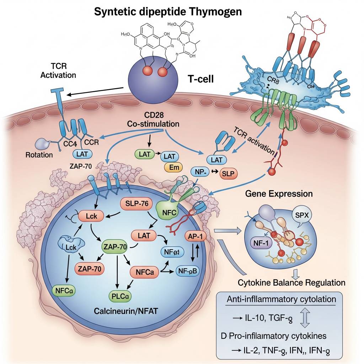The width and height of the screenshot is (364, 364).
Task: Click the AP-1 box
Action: pyautogui.click(x=196, y=237)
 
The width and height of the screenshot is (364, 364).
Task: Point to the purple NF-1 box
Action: pyautogui.click(x=258, y=243)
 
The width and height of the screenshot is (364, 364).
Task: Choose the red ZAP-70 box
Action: pyautogui.click(x=89, y=269)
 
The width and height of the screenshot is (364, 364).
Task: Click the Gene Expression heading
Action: pyautogui.click(x=279, y=194)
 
